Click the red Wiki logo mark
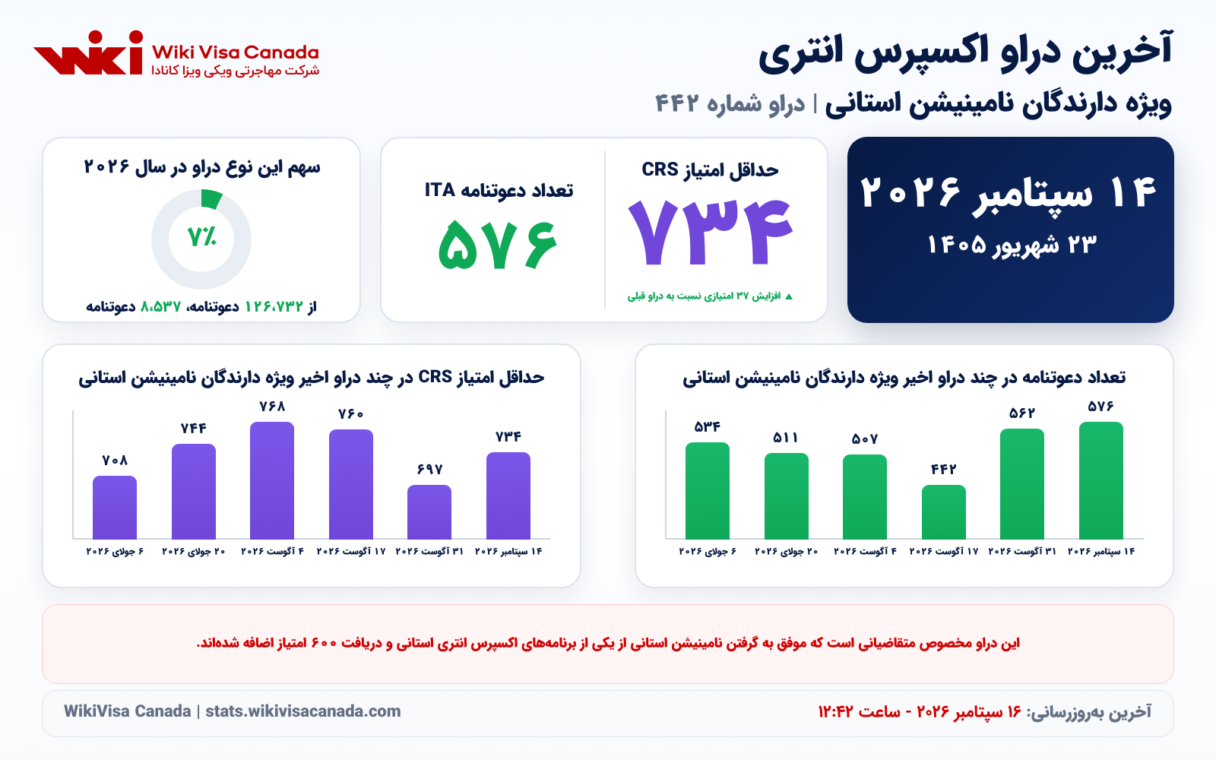[x=88, y=52]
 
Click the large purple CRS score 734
[x=711, y=233]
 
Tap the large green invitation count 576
[x=498, y=244]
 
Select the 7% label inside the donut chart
[x=201, y=236]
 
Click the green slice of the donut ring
[x=211, y=198]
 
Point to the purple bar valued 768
[x=272, y=480]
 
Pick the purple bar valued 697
[x=429, y=512]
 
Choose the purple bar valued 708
[x=115, y=508]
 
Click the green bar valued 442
[x=943, y=512]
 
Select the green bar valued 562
[x=1022, y=483]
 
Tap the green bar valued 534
[x=708, y=491]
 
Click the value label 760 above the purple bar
[x=350, y=414]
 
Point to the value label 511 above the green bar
[x=786, y=438]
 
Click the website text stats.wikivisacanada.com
[x=303, y=711]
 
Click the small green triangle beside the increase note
[x=789, y=296]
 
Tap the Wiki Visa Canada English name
[x=235, y=52]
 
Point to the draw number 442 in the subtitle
[x=676, y=103]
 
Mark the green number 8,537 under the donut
[x=160, y=307]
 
